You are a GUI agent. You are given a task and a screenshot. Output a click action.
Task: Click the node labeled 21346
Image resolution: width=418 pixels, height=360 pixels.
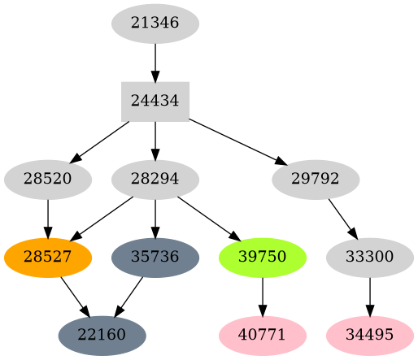click(x=155, y=23)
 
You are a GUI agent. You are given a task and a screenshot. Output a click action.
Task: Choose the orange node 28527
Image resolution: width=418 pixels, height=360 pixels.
click(x=48, y=257)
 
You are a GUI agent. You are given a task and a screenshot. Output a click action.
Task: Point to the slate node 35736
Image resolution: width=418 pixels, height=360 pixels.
click(x=155, y=257)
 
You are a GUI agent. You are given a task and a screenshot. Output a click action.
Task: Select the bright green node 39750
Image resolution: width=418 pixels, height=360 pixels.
click(x=263, y=257)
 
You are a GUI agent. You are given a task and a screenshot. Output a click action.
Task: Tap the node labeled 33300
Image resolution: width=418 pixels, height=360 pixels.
click(x=370, y=257)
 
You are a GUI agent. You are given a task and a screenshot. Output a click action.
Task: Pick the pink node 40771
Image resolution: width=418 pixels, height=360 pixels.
click(x=263, y=335)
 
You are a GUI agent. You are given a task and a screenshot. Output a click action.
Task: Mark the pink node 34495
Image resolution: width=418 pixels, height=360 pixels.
click(x=370, y=335)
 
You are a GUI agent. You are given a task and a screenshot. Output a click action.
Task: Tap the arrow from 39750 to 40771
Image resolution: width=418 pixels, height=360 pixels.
click(x=263, y=296)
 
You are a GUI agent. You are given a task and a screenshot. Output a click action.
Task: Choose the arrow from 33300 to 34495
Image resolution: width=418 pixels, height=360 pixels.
click(x=370, y=296)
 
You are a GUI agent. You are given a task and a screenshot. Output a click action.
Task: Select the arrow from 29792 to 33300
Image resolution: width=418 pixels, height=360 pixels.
click(x=342, y=217)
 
